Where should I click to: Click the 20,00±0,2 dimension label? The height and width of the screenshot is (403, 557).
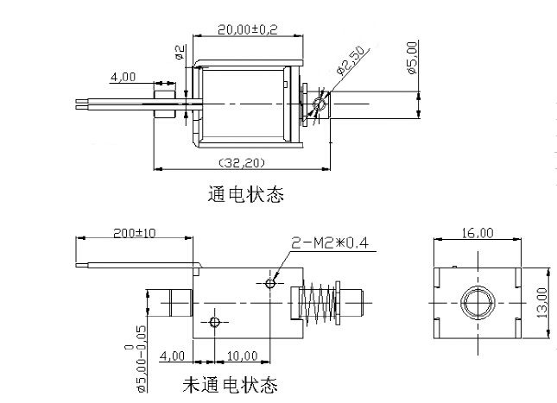[223, 28]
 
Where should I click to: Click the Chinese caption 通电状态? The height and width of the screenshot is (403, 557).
[246, 194]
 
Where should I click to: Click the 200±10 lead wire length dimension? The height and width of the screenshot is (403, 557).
[134, 233]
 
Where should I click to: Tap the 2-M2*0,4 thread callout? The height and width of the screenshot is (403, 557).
[329, 243]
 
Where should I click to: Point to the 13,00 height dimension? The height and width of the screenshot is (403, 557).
[542, 302]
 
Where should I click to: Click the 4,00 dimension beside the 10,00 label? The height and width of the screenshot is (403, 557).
[173, 356]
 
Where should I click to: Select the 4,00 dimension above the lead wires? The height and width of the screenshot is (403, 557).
[123, 78]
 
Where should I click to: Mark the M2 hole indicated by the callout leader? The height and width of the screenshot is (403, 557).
[271, 282]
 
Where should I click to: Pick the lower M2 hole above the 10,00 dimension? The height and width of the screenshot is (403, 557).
[216, 322]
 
